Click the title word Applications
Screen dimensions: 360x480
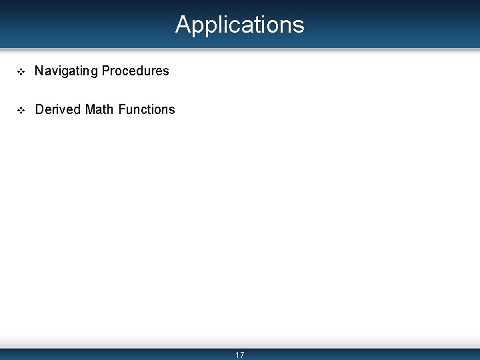pos(240,25)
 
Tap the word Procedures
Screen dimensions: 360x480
pos(135,71)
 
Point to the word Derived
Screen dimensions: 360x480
pos(58,109)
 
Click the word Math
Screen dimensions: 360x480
pos(99,109)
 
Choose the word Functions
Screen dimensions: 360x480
pos(147,109)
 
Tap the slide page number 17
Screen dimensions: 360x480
pos(240,355)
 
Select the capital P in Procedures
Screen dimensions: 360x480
pos(106,71)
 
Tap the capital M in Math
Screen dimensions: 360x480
pos(91,109)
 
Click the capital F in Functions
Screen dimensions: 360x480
pos(121,109)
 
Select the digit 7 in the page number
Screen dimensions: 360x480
pos(242,355)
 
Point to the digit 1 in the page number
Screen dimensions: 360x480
pos(237,355)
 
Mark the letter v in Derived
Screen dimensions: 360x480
pos(65,109)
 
